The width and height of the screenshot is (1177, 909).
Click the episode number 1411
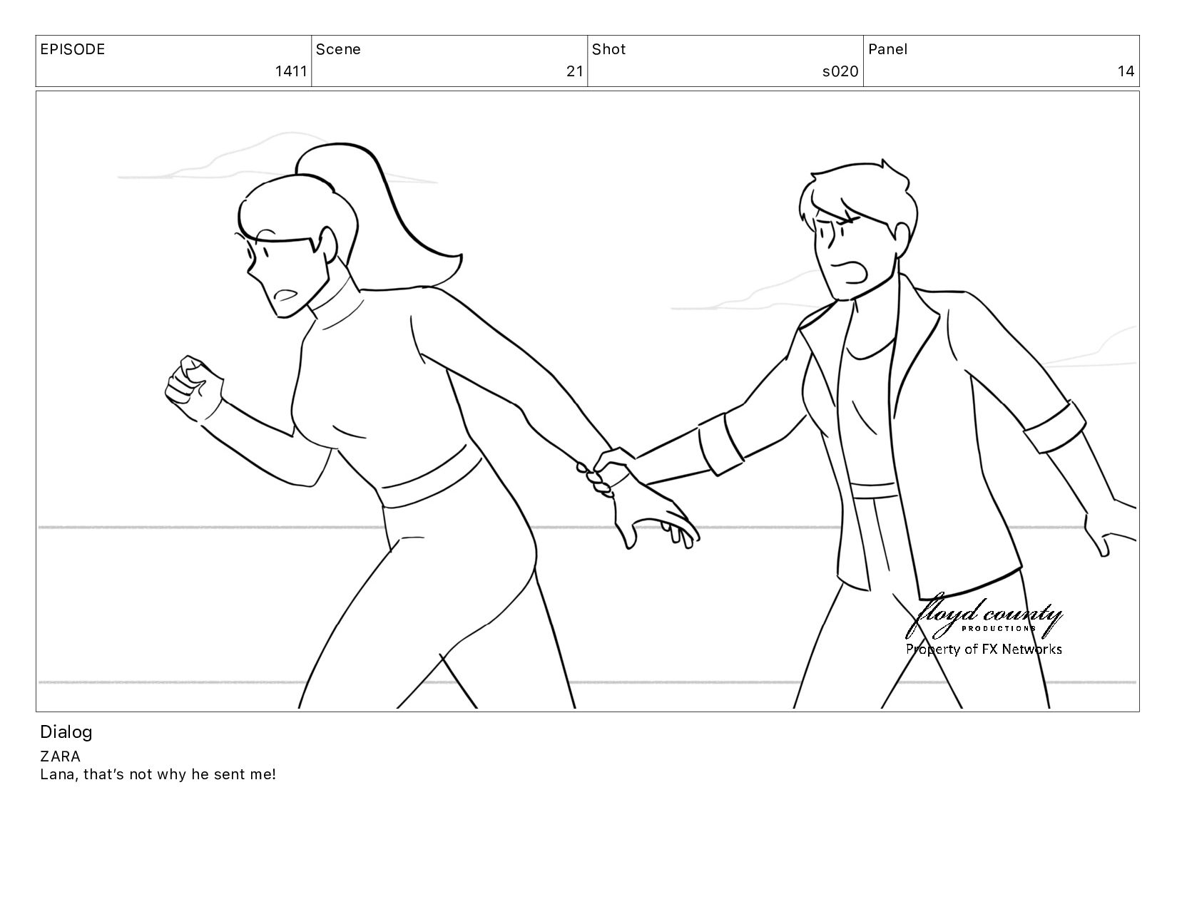click(x=291, y=71)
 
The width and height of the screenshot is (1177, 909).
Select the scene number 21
click(x=575, y=71)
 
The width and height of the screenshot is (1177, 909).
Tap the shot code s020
click(x=840, y=71)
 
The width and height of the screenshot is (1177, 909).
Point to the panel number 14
click(x=1126, y=71)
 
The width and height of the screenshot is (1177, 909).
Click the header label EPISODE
click(x=73, y=49)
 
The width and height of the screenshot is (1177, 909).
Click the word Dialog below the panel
click(x=66, y=732)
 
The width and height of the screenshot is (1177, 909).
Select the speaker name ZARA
click(x=60, y=756)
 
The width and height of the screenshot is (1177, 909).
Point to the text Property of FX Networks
click(x=984, y=649)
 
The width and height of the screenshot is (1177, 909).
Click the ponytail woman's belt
click(x=431, y=476)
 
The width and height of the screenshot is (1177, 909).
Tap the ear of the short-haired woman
click(x=902, y=237)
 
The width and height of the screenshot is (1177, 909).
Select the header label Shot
click(x=608, y=49)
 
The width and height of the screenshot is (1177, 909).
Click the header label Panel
click(x=888, y=49)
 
